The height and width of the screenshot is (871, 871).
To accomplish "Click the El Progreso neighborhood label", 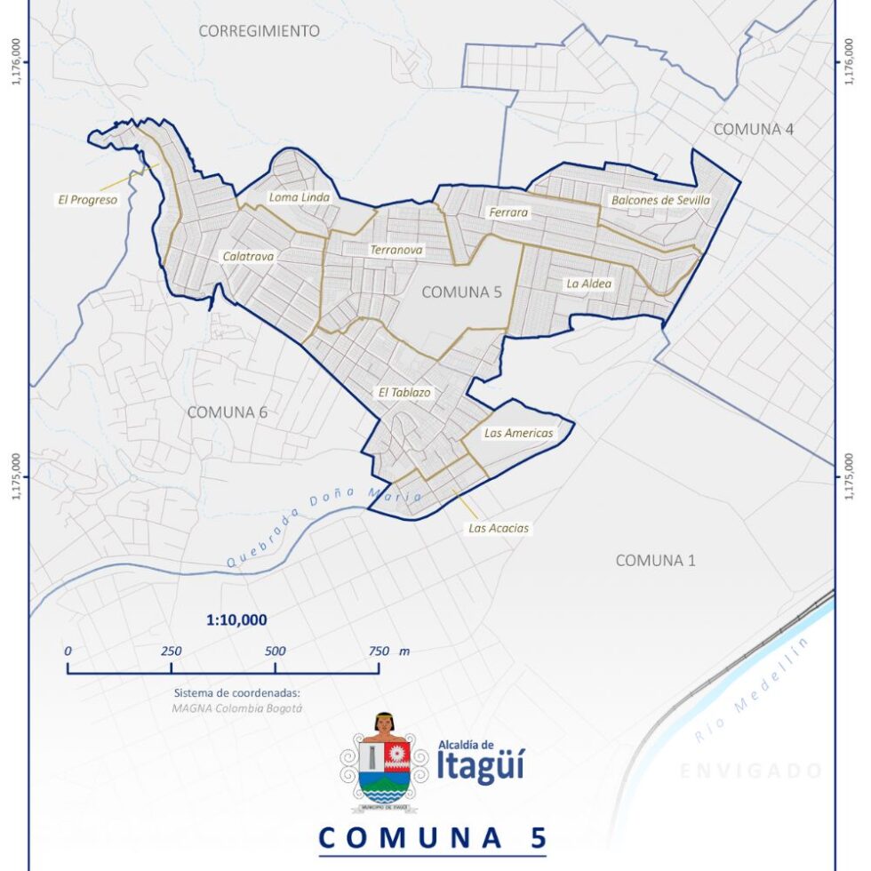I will [x=87, y=200].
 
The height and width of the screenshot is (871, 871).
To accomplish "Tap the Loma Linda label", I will [x=300, y=197].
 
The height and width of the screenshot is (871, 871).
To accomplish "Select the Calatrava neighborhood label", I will [x=248, y=256].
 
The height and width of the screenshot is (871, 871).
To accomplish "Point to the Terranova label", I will [x=396, y=251].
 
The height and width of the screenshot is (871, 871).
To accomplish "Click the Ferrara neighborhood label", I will [x=508, y=212].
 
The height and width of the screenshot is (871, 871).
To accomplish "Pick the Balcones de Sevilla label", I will [x=660, y=201].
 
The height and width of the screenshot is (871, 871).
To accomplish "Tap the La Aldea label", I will [x=589, y=284].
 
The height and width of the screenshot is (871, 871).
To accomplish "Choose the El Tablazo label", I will [x=404, y=391].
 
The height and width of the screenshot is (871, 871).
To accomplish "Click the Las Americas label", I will [x=518, y=433].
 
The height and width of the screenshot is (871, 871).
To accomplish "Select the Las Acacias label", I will [x=499, y=528].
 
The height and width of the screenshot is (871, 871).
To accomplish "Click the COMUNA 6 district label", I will [x=228, y=412].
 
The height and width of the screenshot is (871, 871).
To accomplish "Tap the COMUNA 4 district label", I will [x=754, y=129].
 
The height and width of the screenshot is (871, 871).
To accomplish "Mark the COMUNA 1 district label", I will [x=656, y=560].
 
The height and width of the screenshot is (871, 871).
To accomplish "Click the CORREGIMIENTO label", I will [x=259, y=30].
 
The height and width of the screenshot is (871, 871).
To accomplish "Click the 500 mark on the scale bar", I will [x=275, y=651].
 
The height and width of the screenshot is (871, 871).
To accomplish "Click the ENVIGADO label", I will [x=751, y=771].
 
